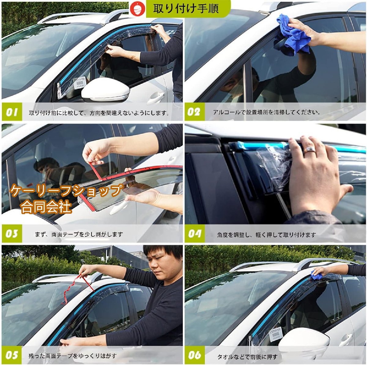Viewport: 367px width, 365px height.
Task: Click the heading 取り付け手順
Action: [x=186, y=8]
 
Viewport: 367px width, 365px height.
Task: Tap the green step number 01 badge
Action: [x=12, y=112]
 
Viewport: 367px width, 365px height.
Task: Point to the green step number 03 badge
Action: [x=12, y=234]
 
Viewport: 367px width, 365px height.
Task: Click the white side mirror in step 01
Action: [x=105, y=90]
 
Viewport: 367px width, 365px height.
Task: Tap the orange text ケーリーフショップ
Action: [x=66, y=190]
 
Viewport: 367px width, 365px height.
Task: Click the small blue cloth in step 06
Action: [x=316, y=276]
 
